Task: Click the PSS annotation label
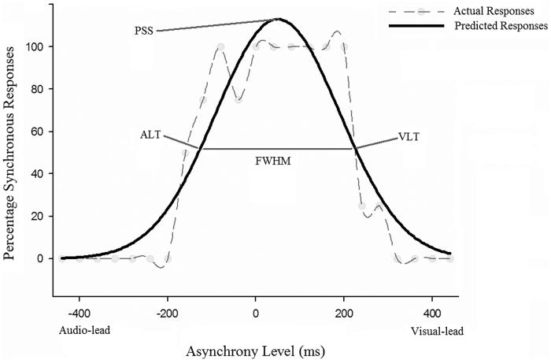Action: (144, 32)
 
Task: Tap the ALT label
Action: (150, 135)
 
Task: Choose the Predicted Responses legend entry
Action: (501, 26)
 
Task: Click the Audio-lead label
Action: (84, 331)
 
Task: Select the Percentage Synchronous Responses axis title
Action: (12, 154)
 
